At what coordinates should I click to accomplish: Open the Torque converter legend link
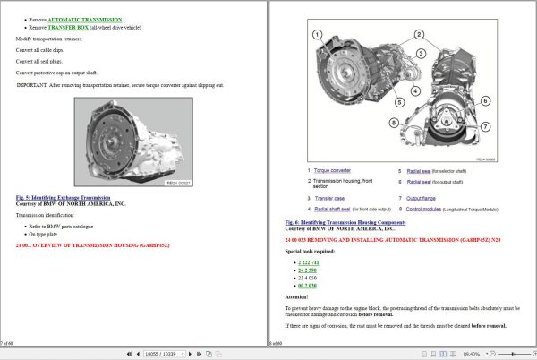tap(332, 169)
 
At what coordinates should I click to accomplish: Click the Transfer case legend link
tap(327, 198)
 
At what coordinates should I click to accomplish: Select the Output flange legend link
tap(422, 198)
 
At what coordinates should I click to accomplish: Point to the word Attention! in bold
tap(296, 296)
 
